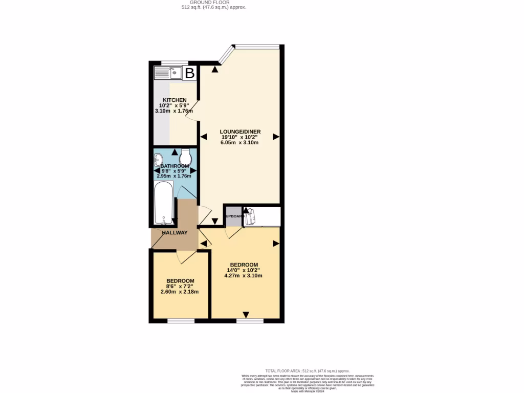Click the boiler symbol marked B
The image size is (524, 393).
pos(189,74)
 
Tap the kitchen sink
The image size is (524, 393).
pos(171,73)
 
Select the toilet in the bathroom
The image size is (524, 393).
pos(186,157)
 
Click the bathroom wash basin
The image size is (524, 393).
pos(158,160)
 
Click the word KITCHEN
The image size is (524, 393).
pos(171,100)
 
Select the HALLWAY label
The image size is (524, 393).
pos(174,233)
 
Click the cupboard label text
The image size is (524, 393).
pos(233,216)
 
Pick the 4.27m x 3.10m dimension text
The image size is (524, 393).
pos(243,276)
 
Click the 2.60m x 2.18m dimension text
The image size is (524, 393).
pos(180,292)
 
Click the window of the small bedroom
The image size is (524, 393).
pos(181,321)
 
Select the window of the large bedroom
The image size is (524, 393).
pos(250,321)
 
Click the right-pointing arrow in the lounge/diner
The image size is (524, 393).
pos(276,137)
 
